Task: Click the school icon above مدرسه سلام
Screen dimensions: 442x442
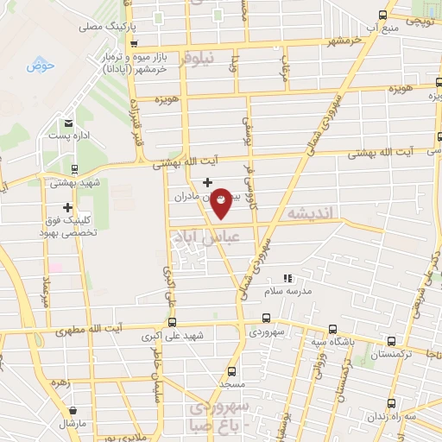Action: tap(289, 279)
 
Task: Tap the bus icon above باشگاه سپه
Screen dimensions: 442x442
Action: tap(334, 329)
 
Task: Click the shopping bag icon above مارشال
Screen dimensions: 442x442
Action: tap(72, 409)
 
